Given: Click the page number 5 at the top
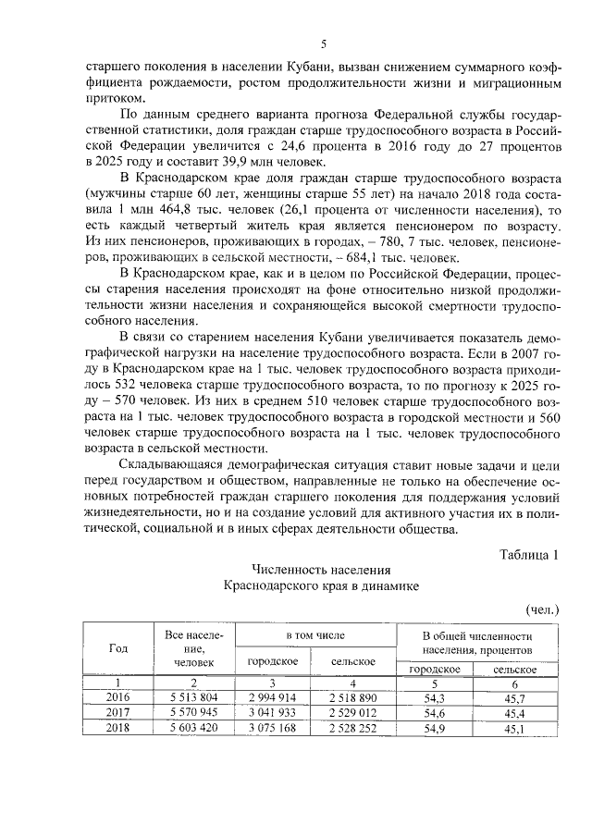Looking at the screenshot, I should (x=324, y=43).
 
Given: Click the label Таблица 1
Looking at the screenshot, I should (x=529, y=555).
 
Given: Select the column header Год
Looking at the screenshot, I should (x=118, y=647).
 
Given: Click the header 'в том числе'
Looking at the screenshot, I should (x=314, y=637).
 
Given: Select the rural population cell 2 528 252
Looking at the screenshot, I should (x=353, y=728).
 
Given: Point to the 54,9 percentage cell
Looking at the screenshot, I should (x=435, y=728).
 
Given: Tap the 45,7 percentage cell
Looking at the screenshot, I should (x=510, y=697).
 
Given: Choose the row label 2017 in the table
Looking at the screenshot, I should (x=118, y=712).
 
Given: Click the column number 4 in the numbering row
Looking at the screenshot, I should (x=353, y=682).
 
